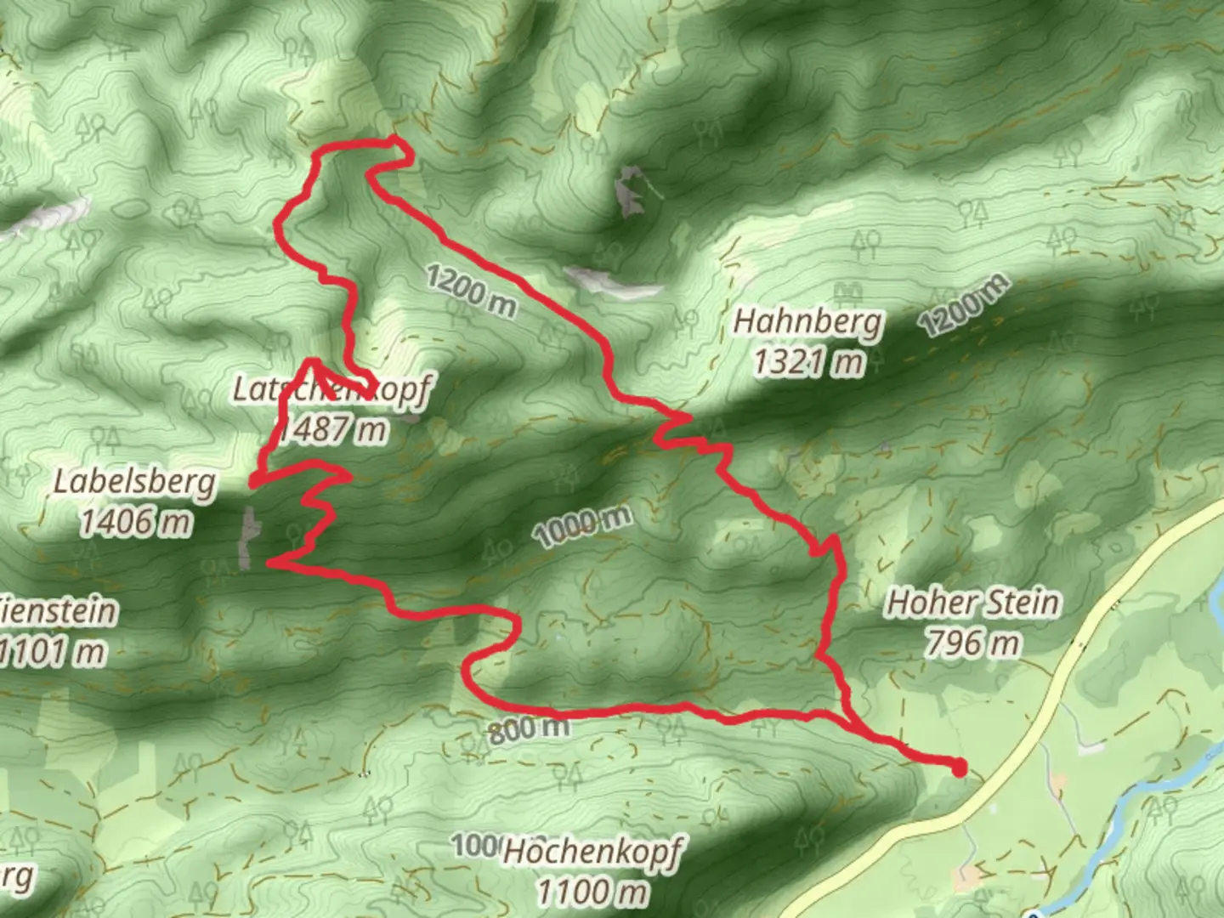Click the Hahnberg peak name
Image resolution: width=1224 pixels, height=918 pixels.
(808, 323)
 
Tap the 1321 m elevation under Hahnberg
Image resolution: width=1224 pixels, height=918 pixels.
(808, 363)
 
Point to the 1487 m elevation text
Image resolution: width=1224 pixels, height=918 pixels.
(333, 430)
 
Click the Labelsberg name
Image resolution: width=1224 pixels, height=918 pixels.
(134, 483)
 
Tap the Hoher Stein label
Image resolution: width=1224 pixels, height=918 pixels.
(973, 603)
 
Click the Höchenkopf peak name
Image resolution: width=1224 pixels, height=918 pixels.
(592, 852)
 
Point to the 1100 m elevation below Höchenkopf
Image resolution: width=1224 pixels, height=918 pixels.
(592, 892)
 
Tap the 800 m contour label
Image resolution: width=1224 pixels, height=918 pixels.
(529, 728)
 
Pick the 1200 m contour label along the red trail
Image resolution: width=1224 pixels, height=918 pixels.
(470, 290)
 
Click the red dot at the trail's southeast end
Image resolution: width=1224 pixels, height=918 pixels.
(959, 770)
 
